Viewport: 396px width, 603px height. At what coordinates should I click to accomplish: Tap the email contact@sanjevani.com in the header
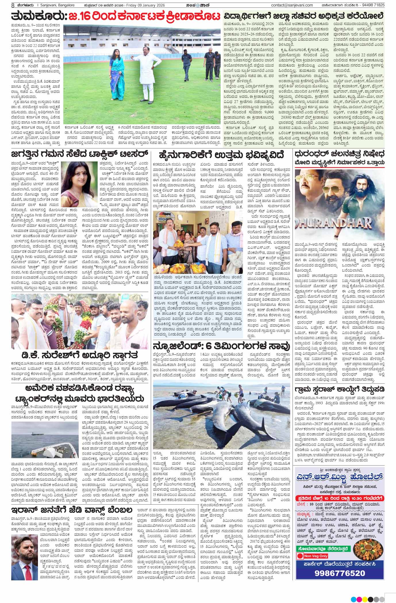coord(292,5)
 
